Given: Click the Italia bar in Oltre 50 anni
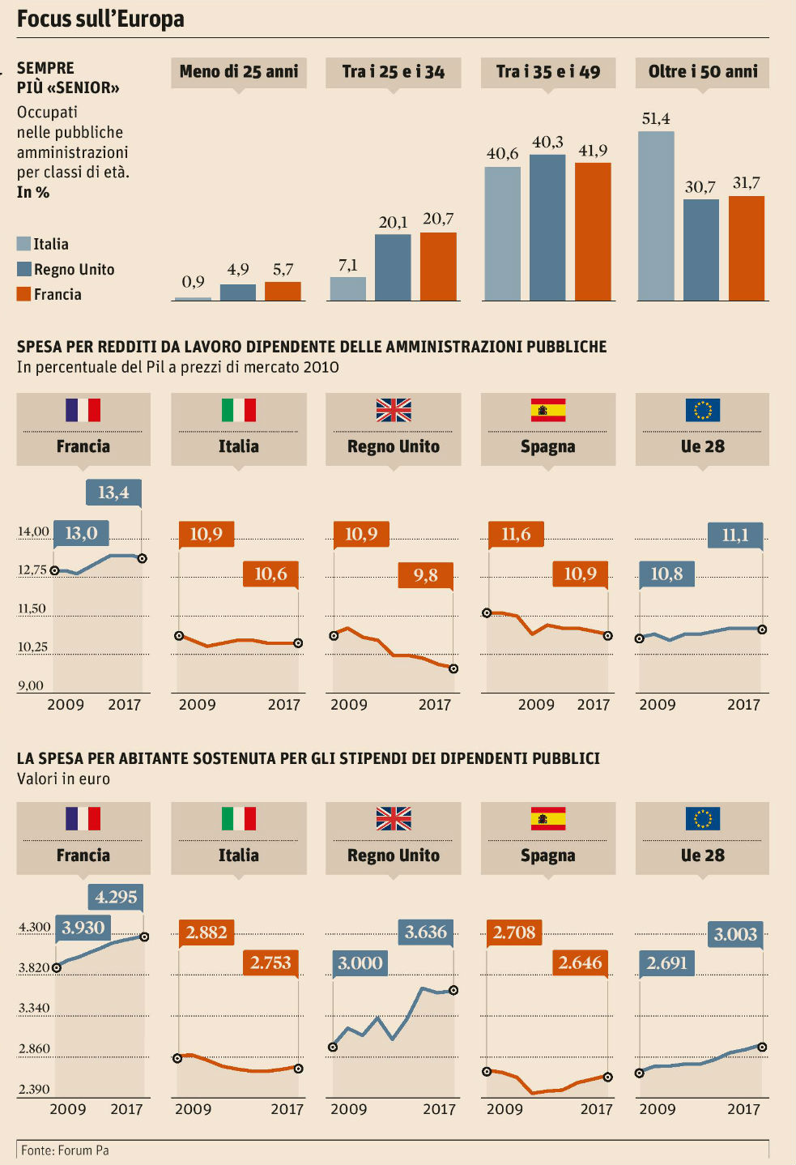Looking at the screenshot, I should point(656,216).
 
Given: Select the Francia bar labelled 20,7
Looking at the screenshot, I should point(438,267).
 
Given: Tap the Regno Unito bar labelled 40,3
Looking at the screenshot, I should point(547,228).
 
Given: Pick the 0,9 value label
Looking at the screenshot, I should point(193,282).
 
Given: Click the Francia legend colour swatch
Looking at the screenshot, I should point(23,294).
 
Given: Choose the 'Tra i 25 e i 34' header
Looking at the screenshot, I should point(394,72).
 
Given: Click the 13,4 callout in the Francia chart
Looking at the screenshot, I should point(113,493).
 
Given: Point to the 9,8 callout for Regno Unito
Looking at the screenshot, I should point(425,575).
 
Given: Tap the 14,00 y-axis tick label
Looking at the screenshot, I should point(33,531).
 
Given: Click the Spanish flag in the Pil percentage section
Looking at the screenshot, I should point(548,411).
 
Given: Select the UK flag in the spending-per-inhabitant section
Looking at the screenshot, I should point(394,819).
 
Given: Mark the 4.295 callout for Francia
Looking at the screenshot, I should point(116,897).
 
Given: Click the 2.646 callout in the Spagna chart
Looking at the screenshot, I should point(580,962).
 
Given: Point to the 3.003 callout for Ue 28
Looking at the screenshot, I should point(735,934).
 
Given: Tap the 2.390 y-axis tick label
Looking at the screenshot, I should point(34,1089).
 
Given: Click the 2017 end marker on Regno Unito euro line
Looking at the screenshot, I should point(453,990).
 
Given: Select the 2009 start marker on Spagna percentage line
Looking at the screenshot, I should point(487,612).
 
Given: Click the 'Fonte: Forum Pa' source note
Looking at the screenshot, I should point(65,1150).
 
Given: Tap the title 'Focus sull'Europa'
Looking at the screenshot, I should point(100,19).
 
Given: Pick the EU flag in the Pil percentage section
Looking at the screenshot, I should point(702,411).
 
